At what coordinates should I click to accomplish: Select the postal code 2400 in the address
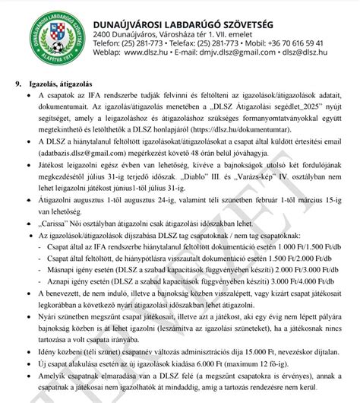(103, 34)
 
